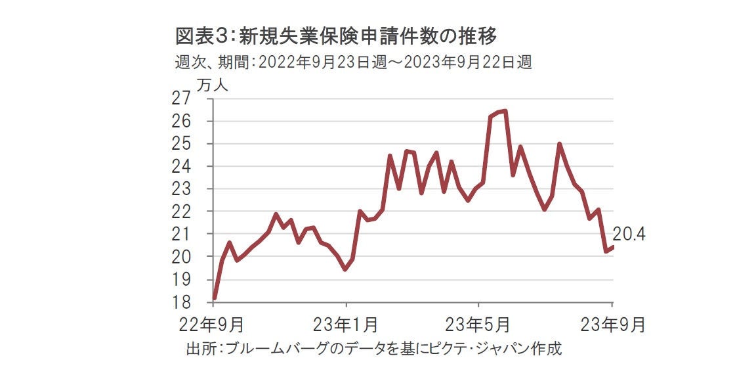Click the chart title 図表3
197,35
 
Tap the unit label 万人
210,85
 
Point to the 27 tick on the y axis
181,99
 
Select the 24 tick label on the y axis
181,167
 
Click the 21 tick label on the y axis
181,234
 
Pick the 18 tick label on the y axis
181,302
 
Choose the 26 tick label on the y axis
181,122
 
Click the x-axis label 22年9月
214,324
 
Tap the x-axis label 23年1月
346,324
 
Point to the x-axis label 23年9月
612,324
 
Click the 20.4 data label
629,234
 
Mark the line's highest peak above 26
504,111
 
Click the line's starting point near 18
215,298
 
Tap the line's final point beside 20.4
612,247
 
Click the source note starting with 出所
374,349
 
